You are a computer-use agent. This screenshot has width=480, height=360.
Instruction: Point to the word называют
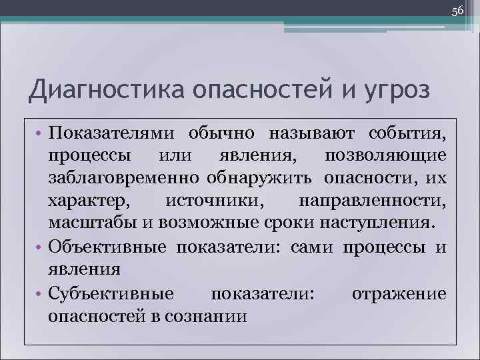(x=308, y=133)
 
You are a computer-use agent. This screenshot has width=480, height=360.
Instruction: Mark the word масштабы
(x=92, y=223)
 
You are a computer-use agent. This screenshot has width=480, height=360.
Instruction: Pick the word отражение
(x=399, y=293)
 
